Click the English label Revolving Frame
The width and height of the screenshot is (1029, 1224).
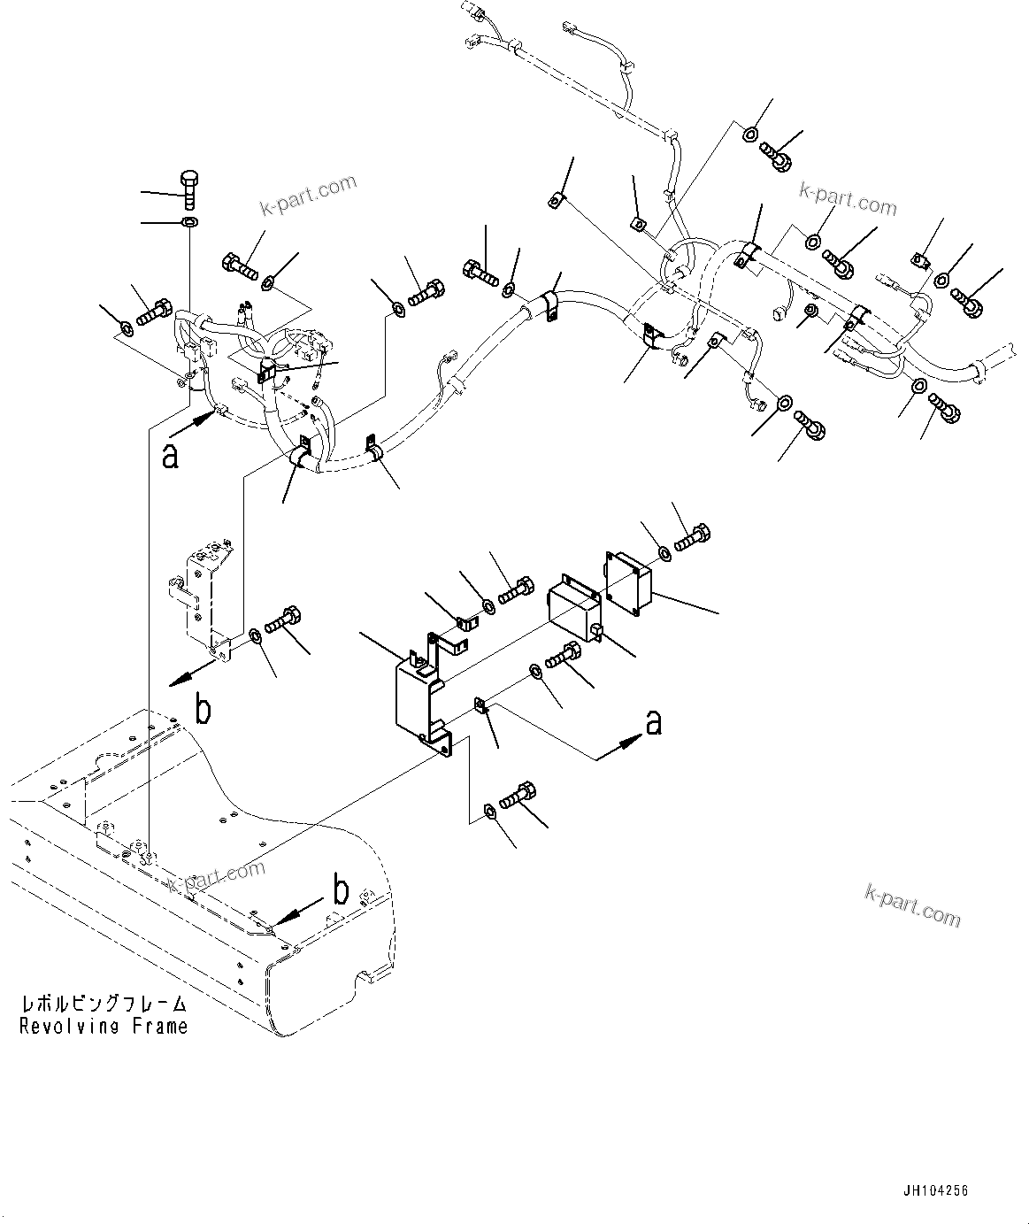104,1026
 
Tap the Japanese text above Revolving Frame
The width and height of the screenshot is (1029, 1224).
104,1005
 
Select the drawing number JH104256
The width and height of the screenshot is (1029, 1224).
935,1190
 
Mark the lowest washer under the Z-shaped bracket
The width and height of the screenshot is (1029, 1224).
490,811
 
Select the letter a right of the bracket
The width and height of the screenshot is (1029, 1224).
653,723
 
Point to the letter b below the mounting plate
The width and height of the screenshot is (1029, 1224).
203,711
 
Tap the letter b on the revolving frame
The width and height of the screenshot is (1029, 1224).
340,889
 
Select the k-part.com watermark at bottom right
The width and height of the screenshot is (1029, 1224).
912,905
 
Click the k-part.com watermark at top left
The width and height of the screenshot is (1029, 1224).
308,195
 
